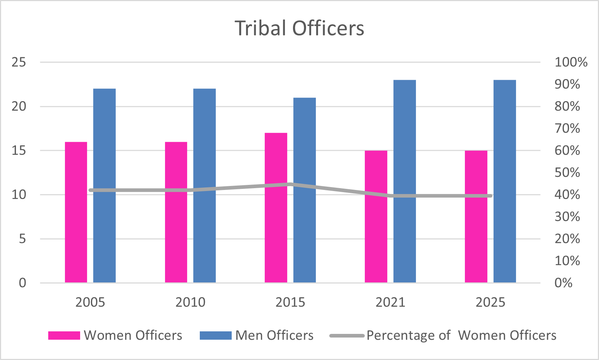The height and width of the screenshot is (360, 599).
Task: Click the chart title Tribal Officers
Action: [299, 28]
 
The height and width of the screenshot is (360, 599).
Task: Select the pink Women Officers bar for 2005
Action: [76, 212]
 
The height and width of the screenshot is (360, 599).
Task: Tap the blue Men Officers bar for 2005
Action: [104, 186]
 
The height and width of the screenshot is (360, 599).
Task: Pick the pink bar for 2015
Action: [276, 208]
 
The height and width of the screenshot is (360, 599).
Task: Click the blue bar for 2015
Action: [305, 190]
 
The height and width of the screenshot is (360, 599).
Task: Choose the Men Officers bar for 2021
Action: [405, 181]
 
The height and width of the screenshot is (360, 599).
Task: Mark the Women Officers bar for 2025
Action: [476, 216]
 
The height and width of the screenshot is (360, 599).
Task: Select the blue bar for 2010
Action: [205, 186]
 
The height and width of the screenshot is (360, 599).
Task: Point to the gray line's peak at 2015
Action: [290, 185]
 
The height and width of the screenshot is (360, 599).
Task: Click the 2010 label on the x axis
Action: [190, 302]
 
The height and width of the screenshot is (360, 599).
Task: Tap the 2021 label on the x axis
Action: [390, 302]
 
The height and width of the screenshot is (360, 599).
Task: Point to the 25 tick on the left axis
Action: [19, 62]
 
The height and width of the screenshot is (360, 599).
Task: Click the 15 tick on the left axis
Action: [19, 150]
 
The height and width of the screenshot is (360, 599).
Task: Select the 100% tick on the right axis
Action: [571, 62]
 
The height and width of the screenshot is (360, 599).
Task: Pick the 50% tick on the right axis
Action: [567, 173]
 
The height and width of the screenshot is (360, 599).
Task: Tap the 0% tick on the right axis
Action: [563, 283]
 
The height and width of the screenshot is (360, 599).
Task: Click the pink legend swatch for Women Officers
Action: [64, 336]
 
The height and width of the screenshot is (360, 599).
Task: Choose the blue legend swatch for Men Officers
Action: [215, 336]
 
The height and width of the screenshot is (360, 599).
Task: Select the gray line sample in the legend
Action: [347, 336]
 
